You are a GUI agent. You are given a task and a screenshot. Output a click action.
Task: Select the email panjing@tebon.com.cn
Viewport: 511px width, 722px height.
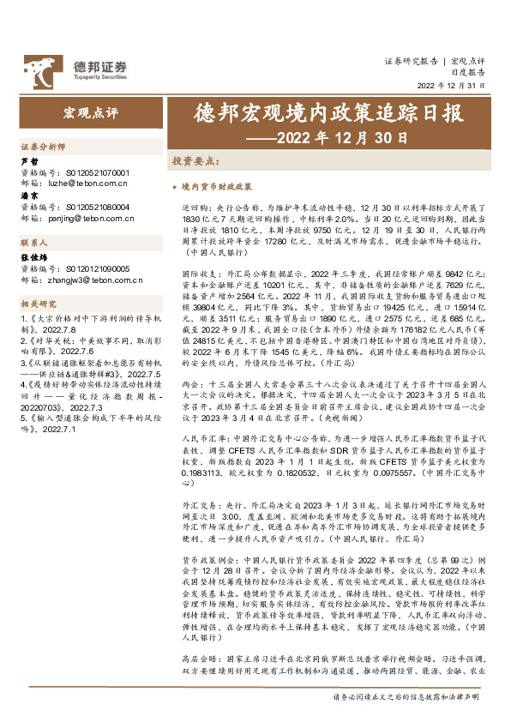[87, 219]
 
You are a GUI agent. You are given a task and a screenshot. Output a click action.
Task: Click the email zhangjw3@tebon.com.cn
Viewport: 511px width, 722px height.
[89, 279]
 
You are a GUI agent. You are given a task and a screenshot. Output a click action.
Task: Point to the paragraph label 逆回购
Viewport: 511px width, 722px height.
[195, 208]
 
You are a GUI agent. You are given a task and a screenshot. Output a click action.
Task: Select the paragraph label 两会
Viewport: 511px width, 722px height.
[190, 388]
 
